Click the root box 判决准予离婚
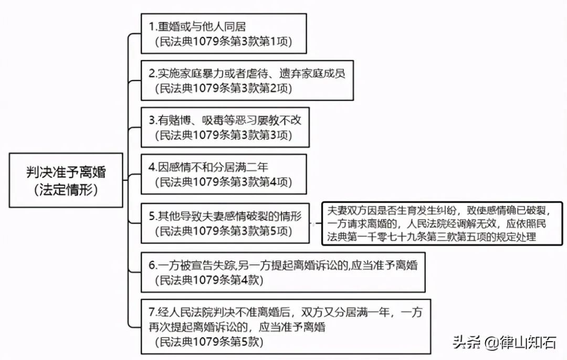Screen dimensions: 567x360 (66, 180)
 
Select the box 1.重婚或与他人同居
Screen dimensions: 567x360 (224, 34)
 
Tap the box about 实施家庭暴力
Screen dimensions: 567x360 (247, 80)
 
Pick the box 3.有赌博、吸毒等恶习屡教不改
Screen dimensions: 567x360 (225, 127)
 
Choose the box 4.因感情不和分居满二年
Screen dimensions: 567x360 (224, 174)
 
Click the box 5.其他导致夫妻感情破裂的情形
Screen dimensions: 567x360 (225, 223)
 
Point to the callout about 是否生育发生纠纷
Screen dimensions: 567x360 (442, 224)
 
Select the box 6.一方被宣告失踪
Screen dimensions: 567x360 (283, 272)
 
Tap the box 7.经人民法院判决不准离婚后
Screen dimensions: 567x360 (286, 326)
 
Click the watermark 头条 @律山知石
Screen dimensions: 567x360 (504, 342)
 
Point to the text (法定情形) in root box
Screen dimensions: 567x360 (66, 189)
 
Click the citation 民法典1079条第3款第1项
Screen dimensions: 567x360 (224, 41)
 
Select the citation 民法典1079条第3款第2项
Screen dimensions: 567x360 (224, 88)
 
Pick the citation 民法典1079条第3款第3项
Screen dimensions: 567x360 (224, 135)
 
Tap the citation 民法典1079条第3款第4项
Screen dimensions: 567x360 (224, 182)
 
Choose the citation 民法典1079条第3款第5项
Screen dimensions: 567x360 (224, 231)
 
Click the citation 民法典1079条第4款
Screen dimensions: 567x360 (209, 280)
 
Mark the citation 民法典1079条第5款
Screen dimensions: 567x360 (209, 342)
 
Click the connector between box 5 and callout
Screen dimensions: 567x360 (316, 224)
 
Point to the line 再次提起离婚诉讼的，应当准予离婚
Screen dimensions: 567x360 (237, 327)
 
